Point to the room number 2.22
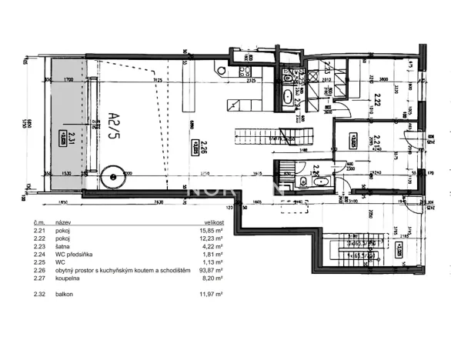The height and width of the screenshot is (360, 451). coord(377,98)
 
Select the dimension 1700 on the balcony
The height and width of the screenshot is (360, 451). coord(68,79)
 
